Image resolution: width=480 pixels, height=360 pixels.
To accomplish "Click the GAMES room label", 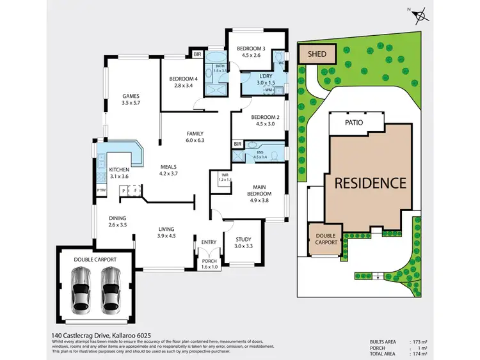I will tap(131, 97).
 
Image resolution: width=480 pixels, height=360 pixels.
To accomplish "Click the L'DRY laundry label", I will tap(265, 76).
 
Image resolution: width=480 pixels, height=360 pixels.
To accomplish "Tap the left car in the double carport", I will tap(82, 290).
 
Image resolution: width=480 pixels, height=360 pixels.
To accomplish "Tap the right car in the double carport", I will tap(111, 290).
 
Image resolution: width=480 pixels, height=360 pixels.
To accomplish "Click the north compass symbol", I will tap(419, 15).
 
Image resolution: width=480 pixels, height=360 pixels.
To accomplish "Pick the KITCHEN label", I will tap(101, 169).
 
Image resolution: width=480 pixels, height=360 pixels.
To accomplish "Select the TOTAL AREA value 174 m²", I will tap(421, 354).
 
